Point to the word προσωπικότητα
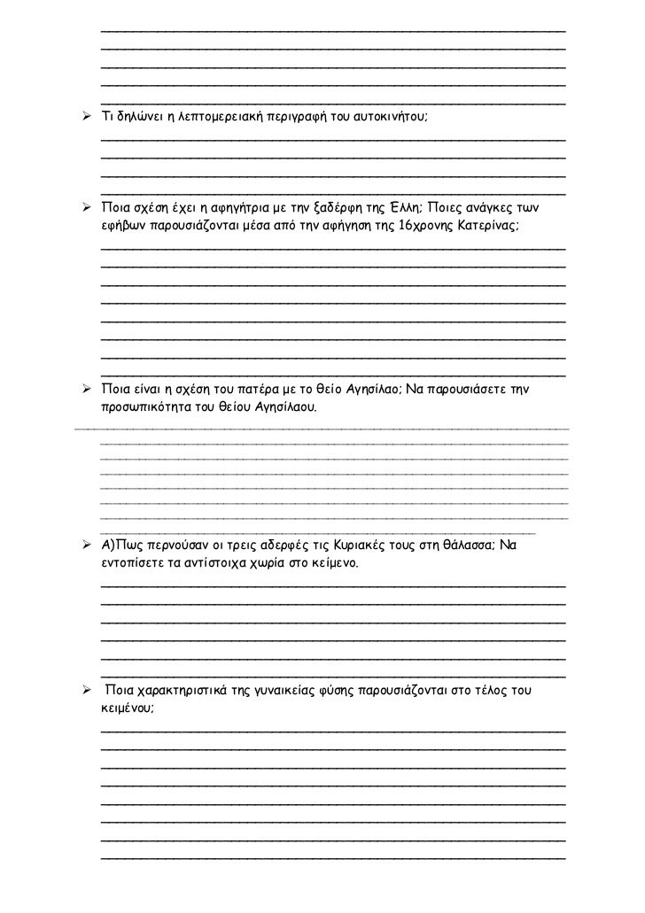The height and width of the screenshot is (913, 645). click(146, 408)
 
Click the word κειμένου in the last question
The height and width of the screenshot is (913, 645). click(127, 708)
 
